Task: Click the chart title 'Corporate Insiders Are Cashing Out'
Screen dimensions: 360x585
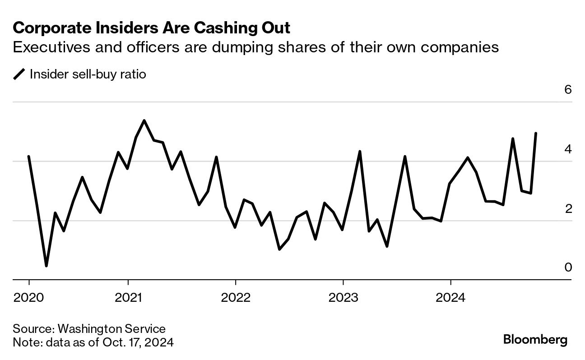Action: click(x=151, y=28)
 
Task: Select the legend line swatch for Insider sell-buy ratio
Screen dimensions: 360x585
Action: click(x=19, y=74)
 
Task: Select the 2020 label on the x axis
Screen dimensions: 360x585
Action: click(x=29, y=298)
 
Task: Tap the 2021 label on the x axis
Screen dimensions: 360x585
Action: click(x=128, y=298)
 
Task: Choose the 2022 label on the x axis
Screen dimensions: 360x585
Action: click(x=236, y=298)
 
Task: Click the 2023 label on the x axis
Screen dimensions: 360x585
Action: click(x=343, y=298)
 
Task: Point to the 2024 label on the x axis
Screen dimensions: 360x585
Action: click(x=450, y=298)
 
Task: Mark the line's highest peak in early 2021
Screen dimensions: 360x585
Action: click(x=144, y=120)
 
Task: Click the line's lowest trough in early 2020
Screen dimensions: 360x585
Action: click(x=46, y=266)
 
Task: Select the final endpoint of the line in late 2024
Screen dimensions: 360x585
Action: click(x=536, y=133)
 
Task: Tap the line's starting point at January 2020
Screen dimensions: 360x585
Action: click(x=29, y=157)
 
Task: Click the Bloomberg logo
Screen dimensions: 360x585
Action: click(x=535, y=340)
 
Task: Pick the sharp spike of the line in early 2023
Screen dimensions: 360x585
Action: click(x=360, y=152)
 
